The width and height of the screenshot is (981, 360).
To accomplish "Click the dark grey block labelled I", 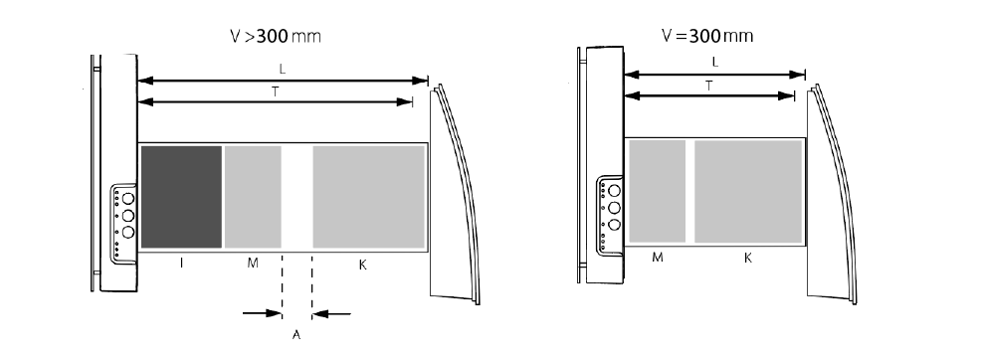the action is [181, 197].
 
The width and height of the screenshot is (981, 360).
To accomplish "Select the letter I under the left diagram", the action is [181, 264].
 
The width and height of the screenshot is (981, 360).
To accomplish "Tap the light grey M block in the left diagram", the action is [253, 197].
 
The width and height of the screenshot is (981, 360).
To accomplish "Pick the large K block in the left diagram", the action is [369, 197].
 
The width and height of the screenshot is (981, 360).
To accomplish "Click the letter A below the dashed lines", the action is [296, 335].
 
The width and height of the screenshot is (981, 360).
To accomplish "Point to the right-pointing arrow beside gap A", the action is [262, 313].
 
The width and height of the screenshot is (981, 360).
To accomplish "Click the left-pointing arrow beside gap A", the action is [331, 313].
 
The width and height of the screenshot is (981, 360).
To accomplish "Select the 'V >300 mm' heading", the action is [276, 36].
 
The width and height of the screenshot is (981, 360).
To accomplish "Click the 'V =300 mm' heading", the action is [707, 36].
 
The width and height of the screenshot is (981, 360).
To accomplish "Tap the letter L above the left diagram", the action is [283, 70].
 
